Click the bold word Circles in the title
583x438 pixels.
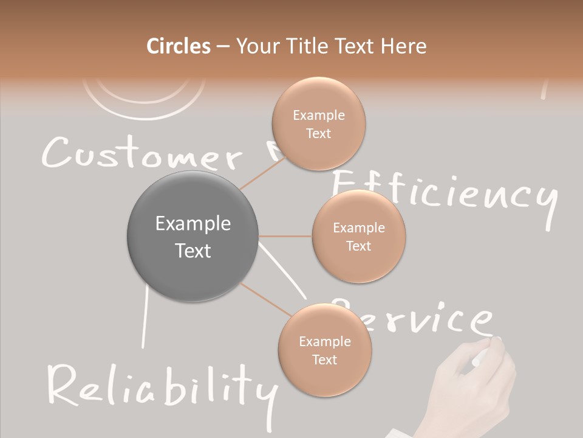pos(179,46)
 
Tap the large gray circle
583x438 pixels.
pos(193,236)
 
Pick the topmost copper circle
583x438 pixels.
pos(318,124)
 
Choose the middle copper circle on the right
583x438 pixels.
pos(359,237)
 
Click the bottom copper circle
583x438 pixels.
pos(324,350)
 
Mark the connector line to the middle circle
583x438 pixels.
pos(285,236)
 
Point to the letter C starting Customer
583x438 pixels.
pos(55,153)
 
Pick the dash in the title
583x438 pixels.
pos(223,47)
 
